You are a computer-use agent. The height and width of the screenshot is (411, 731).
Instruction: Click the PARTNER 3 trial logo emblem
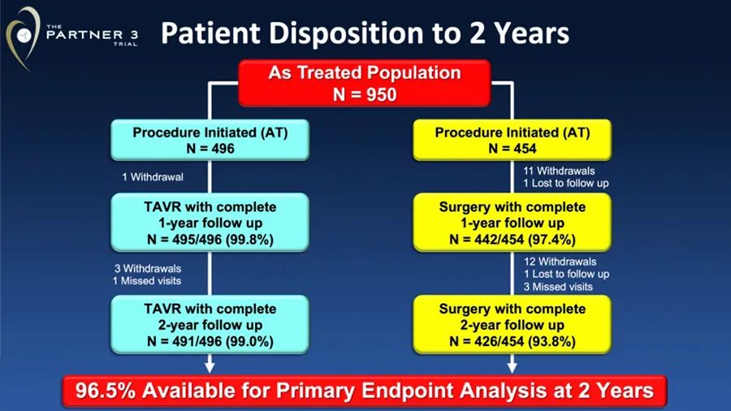[x=23, y=37]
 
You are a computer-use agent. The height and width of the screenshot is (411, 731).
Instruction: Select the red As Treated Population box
[x=365, y=84]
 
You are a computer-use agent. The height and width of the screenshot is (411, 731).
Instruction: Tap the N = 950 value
[x=365, y=94]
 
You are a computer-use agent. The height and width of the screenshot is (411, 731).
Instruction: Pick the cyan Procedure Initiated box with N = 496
[x=210, y=140]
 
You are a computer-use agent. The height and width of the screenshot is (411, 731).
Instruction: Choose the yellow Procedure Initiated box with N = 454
[x=512, y=140]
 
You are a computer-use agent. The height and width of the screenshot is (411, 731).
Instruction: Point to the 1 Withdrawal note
[x=153, y=177]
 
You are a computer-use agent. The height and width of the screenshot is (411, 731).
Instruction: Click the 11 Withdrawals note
[x=559, y=171]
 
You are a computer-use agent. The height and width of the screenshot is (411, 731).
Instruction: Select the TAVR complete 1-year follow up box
[x=210, y=223]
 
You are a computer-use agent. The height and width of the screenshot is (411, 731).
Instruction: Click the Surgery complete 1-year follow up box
[x=512, y=223]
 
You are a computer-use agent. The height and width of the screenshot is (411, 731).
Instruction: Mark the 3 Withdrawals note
[x=148, y=269]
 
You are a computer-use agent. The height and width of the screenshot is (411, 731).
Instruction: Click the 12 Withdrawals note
[x=560, y=262]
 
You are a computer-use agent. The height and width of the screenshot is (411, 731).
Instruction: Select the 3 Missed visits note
[x=558, y=287]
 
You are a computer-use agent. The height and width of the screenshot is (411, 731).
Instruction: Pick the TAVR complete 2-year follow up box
[x=210, y=324]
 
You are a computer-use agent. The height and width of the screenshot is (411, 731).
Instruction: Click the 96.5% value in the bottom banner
[x=105, y=391]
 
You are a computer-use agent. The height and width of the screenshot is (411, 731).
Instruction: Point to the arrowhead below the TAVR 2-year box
[x=210, y=367]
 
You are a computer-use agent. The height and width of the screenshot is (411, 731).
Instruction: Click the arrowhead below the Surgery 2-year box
[x=512, y=367]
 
